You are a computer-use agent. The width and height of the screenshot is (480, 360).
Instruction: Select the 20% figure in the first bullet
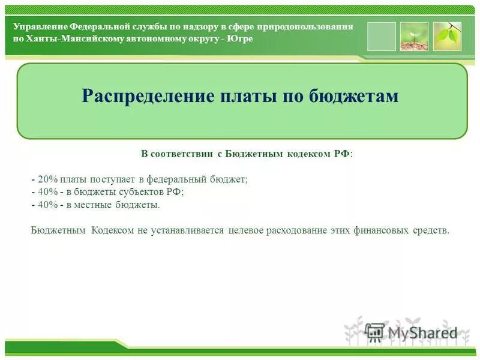pos(47,179)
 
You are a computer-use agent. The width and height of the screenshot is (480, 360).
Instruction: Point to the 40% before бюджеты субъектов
pos(47,192)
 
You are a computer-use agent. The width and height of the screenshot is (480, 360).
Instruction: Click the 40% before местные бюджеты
pos(47,205)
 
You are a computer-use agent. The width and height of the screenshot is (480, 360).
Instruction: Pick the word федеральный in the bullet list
pos(180,179)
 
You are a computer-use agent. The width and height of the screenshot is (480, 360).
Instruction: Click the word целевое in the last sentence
pos(245,231)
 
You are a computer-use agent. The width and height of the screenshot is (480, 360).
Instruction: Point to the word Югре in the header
pos(240,38)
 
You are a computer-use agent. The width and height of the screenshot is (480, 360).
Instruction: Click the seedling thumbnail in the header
pos(414,36)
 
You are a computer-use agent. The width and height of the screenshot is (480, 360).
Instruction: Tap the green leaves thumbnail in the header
pos(447,36)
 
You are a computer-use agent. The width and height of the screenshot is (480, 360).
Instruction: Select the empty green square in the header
pos(381,36)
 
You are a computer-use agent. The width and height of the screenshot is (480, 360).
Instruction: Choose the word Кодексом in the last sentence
pos(113,231)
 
